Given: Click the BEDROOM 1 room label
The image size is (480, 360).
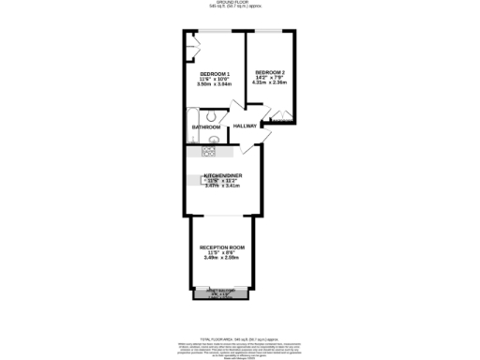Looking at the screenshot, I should pyautogui.click(x=214, y=74).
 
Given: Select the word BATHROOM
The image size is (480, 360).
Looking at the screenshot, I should pyautogui.click(x=206, y=127).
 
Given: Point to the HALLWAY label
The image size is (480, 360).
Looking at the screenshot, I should pyautogui.click(x=246, y=126).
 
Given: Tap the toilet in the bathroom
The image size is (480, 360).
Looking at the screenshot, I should pyautogui.click(x=214, y=116).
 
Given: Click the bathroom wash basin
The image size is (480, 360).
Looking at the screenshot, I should pyautogui.click(x=215, y=141).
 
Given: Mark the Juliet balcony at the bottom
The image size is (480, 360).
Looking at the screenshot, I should pyautogui.click(x=220, y=293).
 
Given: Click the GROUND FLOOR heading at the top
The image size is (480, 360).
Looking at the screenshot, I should pyautogui.click(x=240, y=3).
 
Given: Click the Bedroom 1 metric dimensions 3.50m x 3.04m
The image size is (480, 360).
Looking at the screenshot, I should pyautogui.click(x=214, y=84).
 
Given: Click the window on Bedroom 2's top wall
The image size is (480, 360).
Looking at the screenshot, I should pyautogui.click(x=270, y=31).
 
